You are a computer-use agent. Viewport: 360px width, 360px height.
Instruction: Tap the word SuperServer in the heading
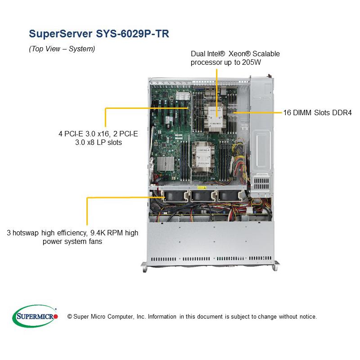click(60, 33)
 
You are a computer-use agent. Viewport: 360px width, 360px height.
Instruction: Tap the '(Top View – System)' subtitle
click(62, 49)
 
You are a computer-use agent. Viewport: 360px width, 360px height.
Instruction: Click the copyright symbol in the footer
click(70, 317)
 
